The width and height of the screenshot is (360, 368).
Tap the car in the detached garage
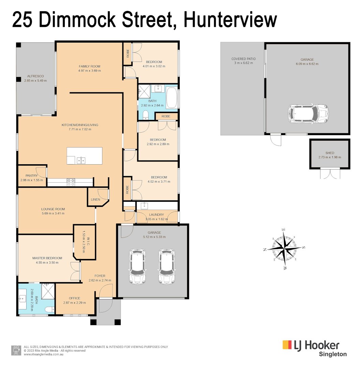click(x=308, y=113)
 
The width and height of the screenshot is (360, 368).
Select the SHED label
click(x=330, y=153)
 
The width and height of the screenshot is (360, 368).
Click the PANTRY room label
click(x=31, y=176)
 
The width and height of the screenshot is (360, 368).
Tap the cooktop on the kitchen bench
click(x=71, y=182)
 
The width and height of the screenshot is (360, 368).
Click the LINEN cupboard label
click(x=95, y=199)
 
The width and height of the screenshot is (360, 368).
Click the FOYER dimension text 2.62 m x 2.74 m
click(x=100, y=280)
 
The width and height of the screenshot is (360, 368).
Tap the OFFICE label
click(x=74, y=298)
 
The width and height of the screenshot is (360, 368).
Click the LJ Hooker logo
click(x=311, y=345)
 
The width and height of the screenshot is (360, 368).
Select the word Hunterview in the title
click(x=230, y=20)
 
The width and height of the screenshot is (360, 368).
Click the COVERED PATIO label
click(x=243, y=59)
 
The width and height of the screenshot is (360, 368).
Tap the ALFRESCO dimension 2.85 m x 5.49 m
click(x=35, y=81)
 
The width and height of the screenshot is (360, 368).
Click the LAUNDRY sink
click(x=144, y=205)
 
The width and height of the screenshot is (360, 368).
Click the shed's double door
click(x=330, y=174)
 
